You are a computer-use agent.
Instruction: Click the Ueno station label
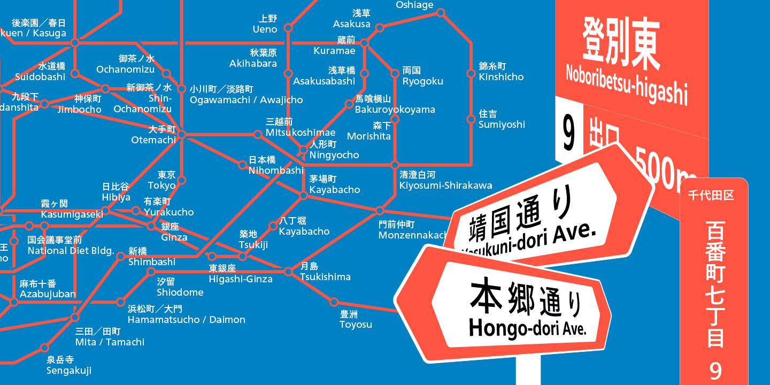tap(265, 24)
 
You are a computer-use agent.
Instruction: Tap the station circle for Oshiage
tap(441, 12)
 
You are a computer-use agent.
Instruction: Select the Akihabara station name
tap(253, 58)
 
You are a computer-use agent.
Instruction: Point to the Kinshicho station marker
tap(471, 74)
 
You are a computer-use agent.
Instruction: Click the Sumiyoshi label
tap(502, 119)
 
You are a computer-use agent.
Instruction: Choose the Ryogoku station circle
tap(395, 74)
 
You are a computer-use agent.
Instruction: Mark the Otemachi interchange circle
tap(181, 134)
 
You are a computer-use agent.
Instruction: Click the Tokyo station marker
tap(181, 180)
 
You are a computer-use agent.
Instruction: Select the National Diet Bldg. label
tap(71, 245)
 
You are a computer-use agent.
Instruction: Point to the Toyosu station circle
tap(334, 302)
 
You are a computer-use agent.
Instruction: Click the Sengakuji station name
tap(69, 365)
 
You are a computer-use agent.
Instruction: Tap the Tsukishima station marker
tap(288, 272)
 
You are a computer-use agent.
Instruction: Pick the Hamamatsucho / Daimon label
tap(186, 314)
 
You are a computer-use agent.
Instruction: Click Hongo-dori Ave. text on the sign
tap(527, 326)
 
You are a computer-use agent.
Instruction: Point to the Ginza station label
tap(174, 232)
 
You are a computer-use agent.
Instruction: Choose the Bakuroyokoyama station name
tap(395, 104)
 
